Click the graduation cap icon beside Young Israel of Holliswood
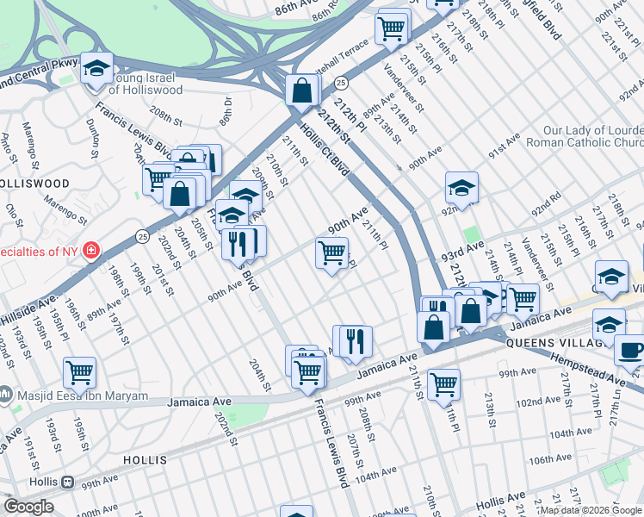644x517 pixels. (x=96, y=67)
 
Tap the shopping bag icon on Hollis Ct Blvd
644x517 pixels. (x=302, y=90)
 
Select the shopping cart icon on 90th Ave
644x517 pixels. (x=332, y=253)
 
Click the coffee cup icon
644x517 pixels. (x=630, y=351)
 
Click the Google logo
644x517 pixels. (x=28, y=507)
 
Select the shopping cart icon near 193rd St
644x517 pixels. (x=79, y=372)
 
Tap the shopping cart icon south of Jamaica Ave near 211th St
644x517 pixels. (x=443, y=383)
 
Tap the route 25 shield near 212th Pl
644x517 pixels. (x=342, y=83)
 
